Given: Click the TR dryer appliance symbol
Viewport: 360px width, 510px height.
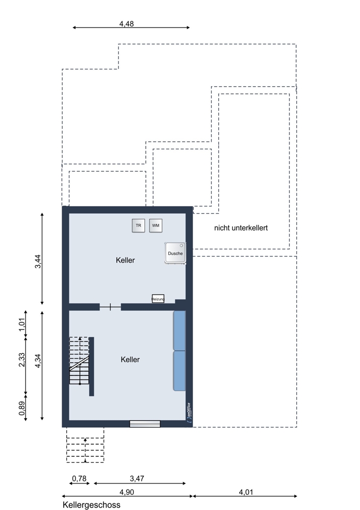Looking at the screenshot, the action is pos(138,225).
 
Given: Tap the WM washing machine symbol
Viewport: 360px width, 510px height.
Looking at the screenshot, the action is pos(156,225).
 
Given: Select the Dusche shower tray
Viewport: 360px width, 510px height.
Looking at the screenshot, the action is pos(175,253).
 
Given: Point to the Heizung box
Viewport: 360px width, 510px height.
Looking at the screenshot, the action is pos(158,298).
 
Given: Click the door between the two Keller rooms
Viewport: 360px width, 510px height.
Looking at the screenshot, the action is pos(110,307).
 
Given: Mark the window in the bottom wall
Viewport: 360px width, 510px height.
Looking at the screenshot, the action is pos(145,423).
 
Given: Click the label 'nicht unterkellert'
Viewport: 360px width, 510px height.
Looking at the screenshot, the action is pos(241,228).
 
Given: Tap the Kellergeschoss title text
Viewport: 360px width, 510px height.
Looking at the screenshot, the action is pos(91,505).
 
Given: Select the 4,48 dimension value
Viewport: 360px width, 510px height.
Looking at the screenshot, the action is pos(126,24).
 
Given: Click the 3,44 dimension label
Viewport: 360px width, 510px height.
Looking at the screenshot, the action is pos(38,261).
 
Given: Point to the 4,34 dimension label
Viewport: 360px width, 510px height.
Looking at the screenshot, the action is pos(38,361).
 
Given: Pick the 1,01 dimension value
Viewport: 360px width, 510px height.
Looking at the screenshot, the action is pos(22,324).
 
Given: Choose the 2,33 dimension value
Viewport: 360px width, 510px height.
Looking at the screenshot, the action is pos(22,360).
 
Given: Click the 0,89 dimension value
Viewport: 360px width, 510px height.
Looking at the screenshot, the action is pos(22,409).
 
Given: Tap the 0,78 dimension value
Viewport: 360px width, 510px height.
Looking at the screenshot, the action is pos(80,478).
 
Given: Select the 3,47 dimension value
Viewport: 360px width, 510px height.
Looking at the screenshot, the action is pos(137,478).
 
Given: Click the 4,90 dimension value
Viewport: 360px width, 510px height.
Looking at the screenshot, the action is pos(127,492).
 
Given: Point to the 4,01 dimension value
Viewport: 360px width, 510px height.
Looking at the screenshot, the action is pos(246,492).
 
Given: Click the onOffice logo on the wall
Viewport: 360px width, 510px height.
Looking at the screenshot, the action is pos(189,413).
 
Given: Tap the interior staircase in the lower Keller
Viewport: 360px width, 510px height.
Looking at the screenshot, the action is pos(80,361).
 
